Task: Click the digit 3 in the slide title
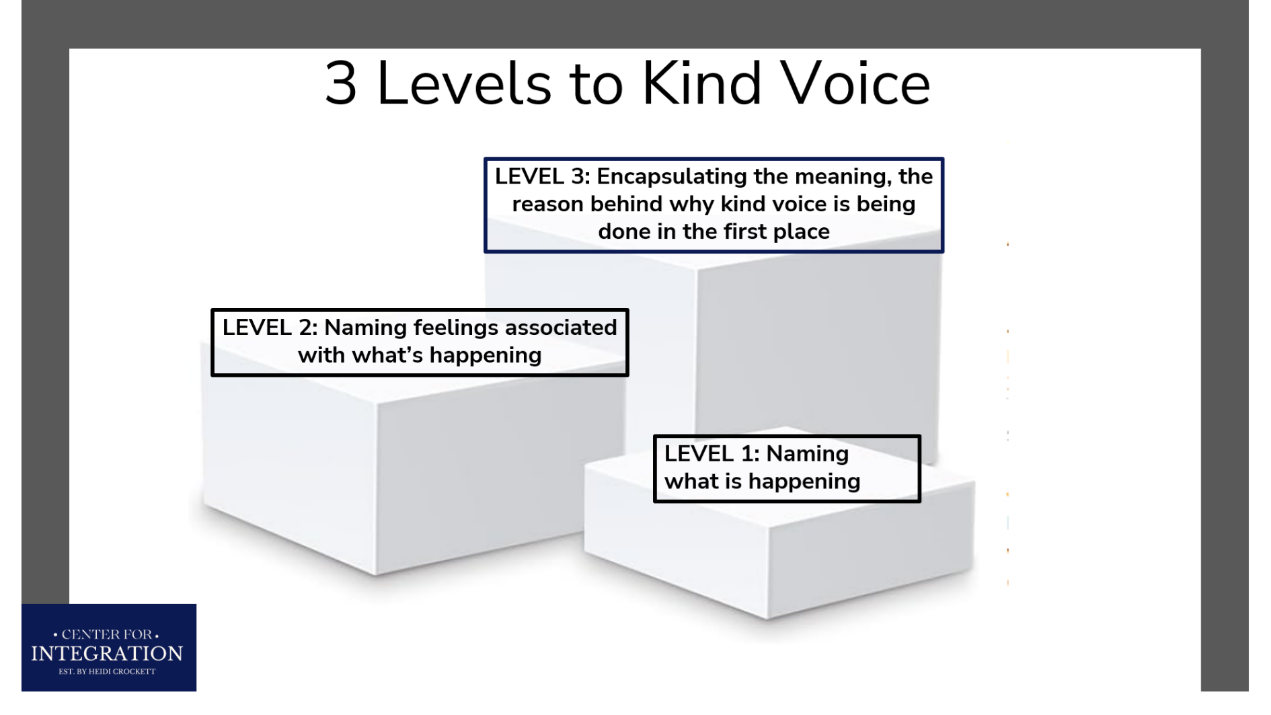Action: pyautogui.click(x=341, y=84)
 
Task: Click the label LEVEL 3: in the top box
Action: pyautogui.click(x=542, y=177)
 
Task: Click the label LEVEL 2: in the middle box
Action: pyautogui.click(x=270, y=328)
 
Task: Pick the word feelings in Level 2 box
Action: pyautogui.click(x=455, y=328)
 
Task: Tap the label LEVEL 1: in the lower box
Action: pyautogui.click(x=711, y=454)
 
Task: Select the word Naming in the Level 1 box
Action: pyautogui.click(x=807, y=454)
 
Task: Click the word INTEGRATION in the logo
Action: pyautogui.click(x=107, y=654)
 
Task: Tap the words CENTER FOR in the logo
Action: pyautogui.click(x=106, y=634)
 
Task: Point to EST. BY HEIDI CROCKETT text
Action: pyautogui.click(x=107, y=671)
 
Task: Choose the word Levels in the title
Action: pyautogui.click(x=463, y=84)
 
